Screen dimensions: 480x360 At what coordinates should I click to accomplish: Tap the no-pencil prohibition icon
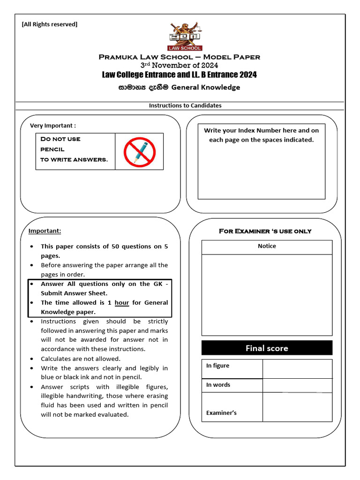139,151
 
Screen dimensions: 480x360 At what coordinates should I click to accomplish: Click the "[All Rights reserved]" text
50,24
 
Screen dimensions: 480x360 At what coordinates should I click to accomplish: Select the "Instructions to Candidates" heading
185,105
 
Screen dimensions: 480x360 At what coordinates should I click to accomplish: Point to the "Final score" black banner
267,348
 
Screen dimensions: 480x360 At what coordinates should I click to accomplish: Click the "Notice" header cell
267,246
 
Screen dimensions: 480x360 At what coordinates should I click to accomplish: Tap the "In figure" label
218,366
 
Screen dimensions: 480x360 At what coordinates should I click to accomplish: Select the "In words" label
218,385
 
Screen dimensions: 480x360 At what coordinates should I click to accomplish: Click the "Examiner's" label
222,412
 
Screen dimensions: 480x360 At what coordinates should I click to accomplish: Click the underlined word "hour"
122,303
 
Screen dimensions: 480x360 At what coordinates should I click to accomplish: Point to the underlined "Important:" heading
45,231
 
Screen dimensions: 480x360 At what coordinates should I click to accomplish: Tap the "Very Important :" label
53,125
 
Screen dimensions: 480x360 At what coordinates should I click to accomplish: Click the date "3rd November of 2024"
180,66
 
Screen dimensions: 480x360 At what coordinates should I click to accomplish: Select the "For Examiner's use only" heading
265,231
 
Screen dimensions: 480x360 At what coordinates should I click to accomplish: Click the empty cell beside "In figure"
297,368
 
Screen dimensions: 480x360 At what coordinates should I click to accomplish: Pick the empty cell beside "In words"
297,385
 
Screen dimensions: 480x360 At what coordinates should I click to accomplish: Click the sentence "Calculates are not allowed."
81,359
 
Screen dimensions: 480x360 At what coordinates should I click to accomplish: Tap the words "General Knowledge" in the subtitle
206,87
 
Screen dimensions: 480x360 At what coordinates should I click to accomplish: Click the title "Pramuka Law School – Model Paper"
180,57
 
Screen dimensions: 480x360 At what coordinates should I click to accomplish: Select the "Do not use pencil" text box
75,150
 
